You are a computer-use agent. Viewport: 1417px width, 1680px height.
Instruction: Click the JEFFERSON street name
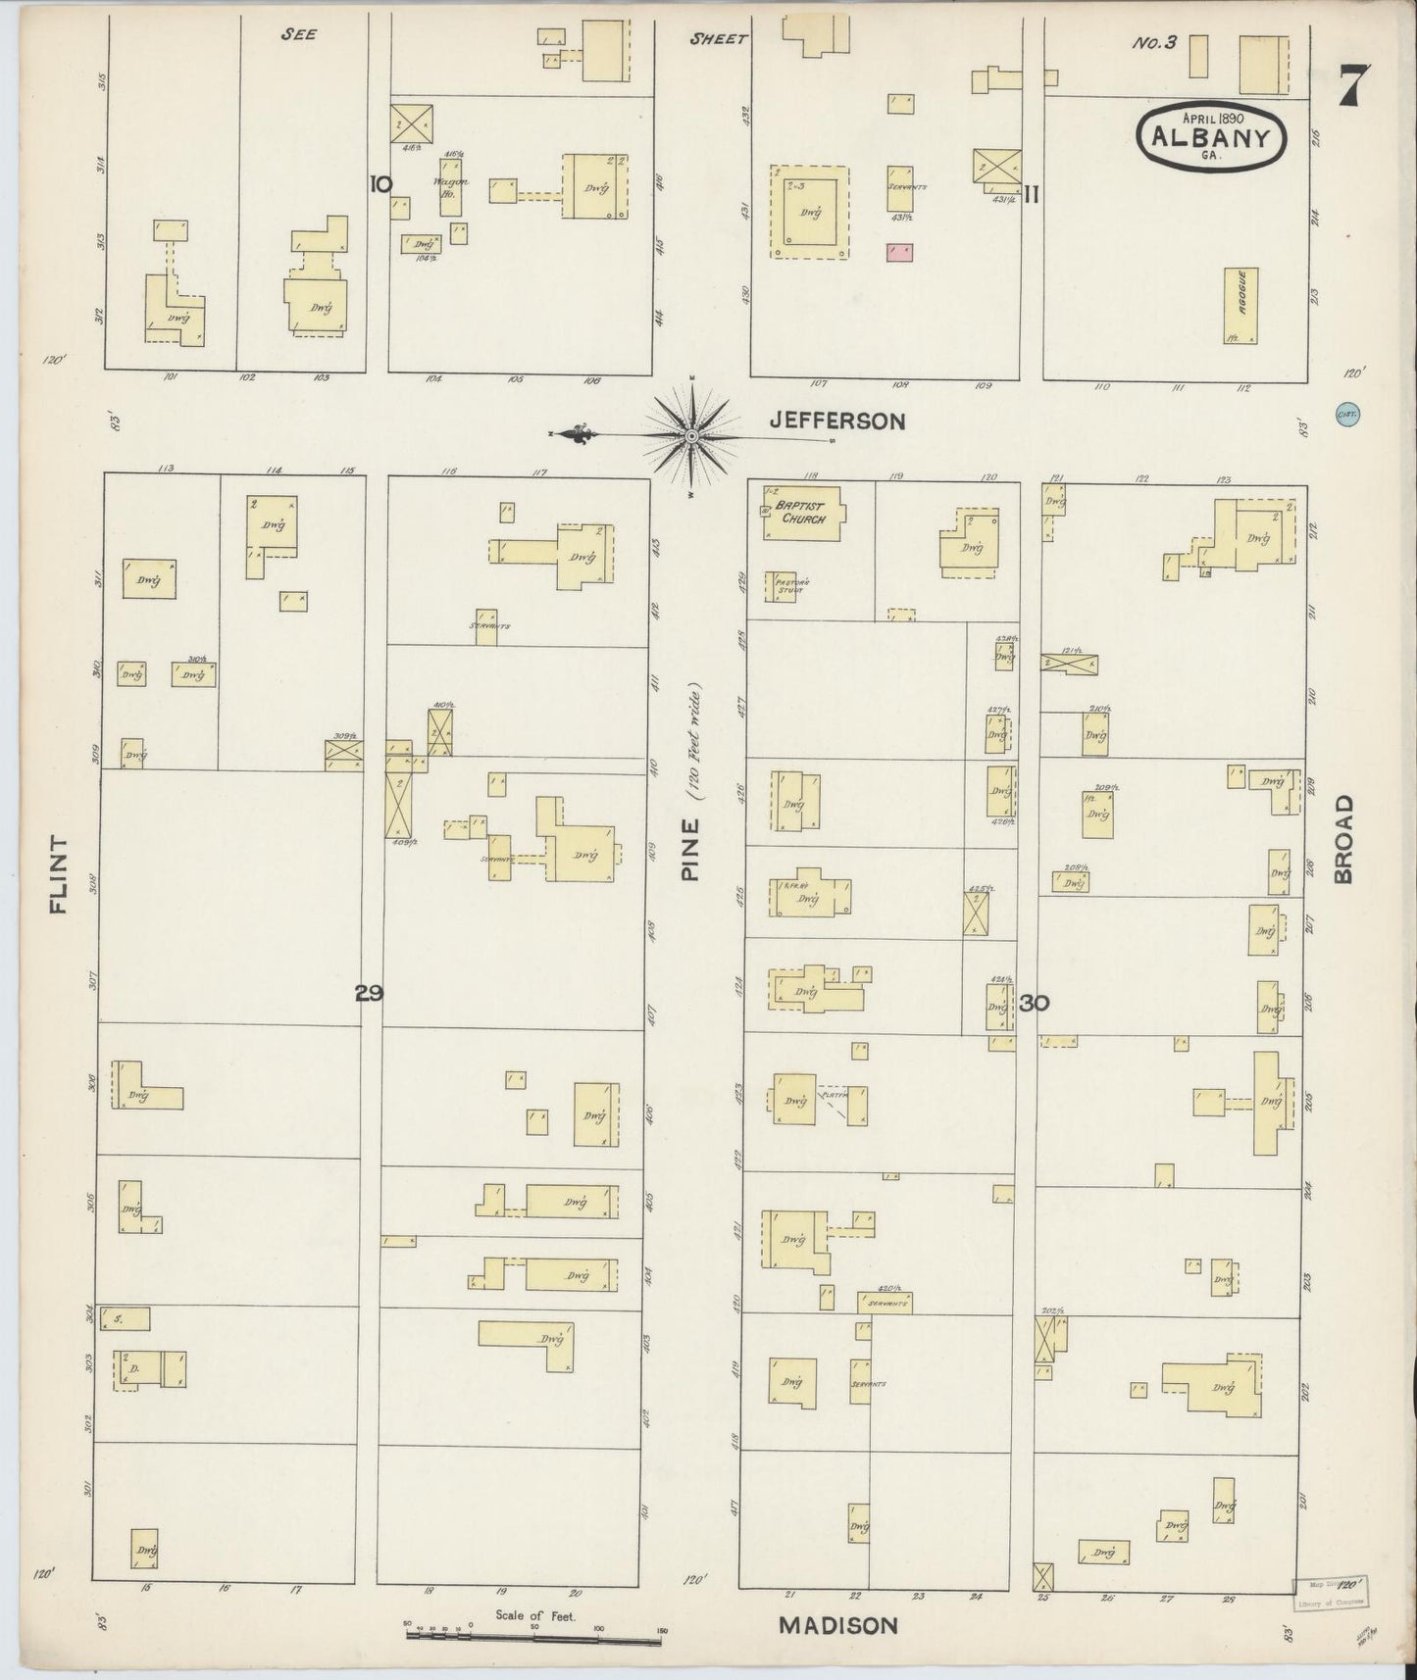pos(836,420)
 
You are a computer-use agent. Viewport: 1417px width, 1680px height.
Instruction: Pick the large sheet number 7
pos(1353,85)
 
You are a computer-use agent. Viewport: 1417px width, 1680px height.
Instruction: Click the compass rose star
pos(692,435)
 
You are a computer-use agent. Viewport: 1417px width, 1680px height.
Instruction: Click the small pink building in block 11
pos(899,252)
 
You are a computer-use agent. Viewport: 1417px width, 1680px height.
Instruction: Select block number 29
pos(369,994)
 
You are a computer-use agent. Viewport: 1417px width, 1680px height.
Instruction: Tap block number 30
pos(1034,1003)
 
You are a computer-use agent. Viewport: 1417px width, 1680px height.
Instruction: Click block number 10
pos(381,183)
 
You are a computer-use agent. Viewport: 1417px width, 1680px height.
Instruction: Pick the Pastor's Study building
pos(784,585)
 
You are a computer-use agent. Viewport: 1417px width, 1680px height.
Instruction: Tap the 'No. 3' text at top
pos(1154,42)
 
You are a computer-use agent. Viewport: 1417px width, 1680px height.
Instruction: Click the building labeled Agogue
pos(1240,306)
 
